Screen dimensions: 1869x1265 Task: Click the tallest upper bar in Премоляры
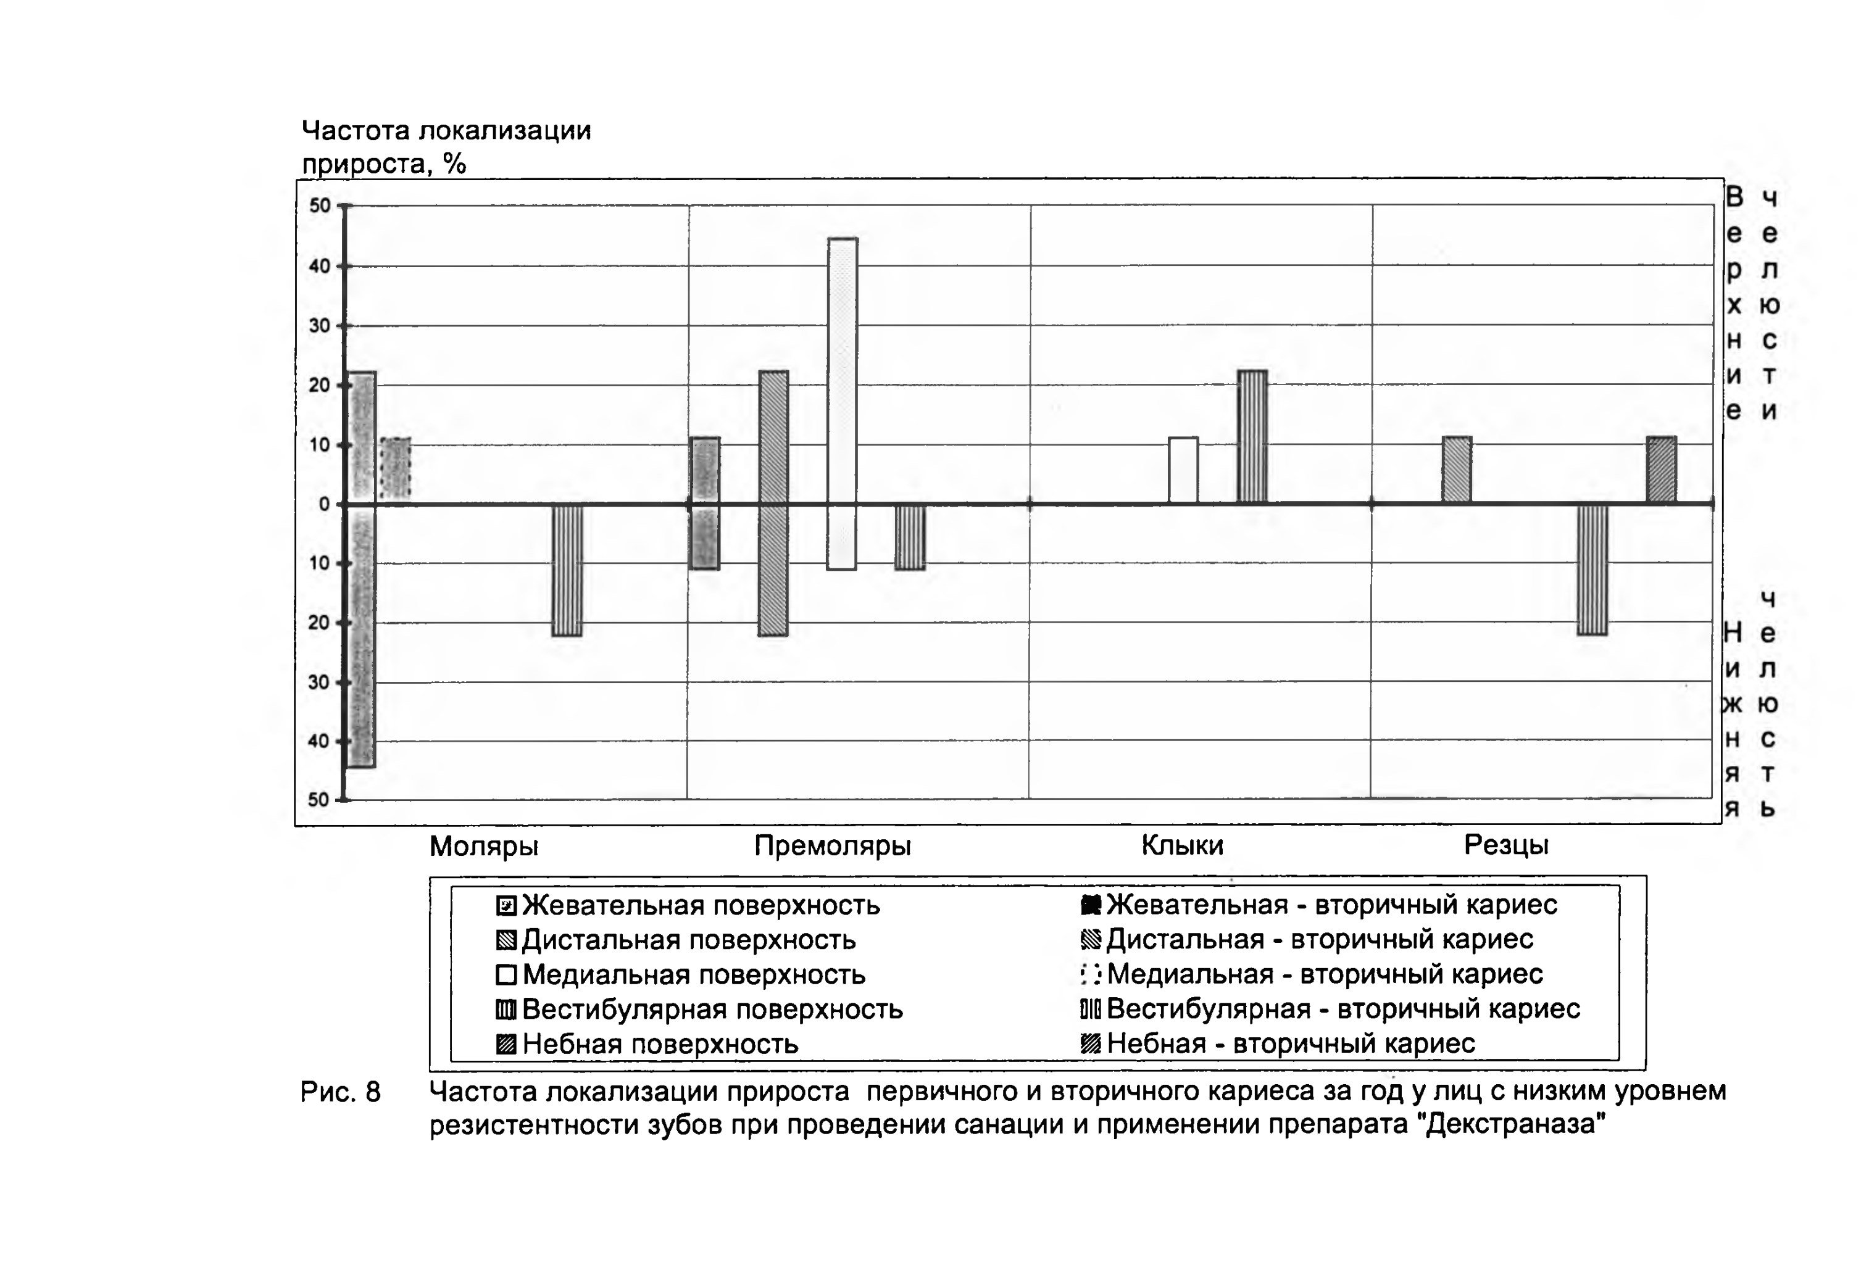click(x=842, y=371)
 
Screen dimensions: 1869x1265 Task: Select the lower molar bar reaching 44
click(x=361, y=636)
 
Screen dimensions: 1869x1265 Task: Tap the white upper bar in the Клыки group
click(x=1183, y=470)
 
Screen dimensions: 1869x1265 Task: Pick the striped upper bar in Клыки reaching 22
click(x=1252, y=438)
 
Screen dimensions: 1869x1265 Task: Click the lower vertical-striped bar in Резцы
click(x=1592, y=570)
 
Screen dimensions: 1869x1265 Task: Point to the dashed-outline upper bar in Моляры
click(x=395, y=470)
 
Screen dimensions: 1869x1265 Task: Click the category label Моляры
click(x=483, y=846)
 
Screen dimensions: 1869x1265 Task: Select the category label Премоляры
click(x=833, y=845)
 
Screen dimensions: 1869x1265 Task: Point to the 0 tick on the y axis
click(x=324, y=504)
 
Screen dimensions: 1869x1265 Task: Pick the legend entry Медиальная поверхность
click(x=680, y=975)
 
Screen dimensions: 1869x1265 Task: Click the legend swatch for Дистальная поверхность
click(x=506, y=940)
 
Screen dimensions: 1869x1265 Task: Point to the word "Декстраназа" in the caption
click(x=1514, y=1124)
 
